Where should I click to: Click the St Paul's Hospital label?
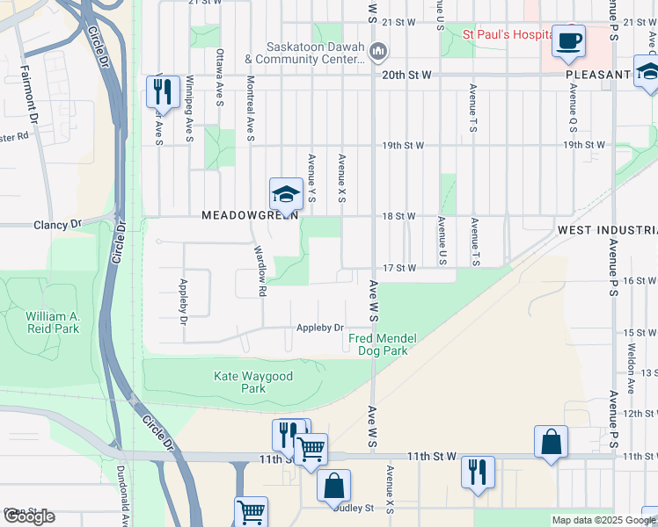point(508,36)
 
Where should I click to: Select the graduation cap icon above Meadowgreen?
point(286,194)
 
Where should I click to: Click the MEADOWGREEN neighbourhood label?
point(250,215)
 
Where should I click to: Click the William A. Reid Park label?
point(52,322)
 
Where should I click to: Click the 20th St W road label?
point(406,76)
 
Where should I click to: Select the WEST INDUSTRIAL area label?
point(607,230)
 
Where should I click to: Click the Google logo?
point(29,516)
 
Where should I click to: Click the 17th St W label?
point(398,268)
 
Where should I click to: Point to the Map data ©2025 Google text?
point(603,520)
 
